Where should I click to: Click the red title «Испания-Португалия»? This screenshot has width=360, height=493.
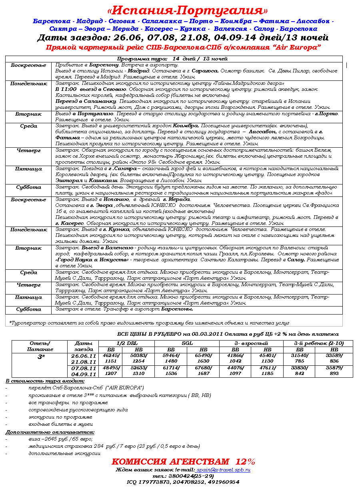(x=188, y=10)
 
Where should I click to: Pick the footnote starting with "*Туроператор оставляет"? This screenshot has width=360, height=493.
(x=149, y=323)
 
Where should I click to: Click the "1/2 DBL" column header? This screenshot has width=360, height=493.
(x=126, y=343)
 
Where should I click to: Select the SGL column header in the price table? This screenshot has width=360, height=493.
(x=187, y=343)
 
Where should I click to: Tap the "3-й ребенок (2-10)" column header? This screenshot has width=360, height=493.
(x=318, y=343)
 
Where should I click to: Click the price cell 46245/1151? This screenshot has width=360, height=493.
(x=111, y=358)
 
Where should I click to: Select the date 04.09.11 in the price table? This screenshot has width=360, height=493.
(x=84, y=374)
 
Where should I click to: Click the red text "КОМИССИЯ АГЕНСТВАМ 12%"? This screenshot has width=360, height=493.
(x=183, y=461)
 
